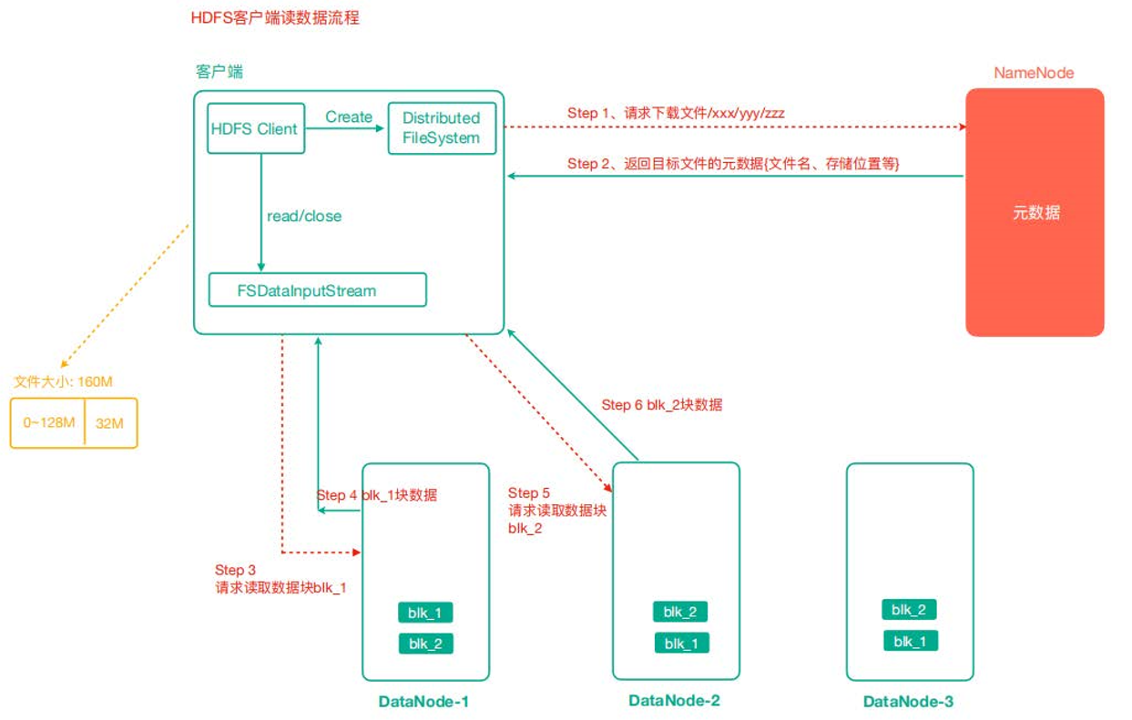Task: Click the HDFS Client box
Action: point(254,129)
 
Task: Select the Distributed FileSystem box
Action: point(441,128)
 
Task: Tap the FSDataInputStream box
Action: point(318,291)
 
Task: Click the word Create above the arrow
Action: point(349,117)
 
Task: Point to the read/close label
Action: point(304,217)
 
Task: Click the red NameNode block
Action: point(1035,213)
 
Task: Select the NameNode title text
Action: point(1034,73)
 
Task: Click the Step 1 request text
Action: point(676,114)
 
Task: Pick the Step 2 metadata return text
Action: point(733,164)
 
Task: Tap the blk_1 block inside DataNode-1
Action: point(425,613)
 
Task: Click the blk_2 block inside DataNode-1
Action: point(425,644)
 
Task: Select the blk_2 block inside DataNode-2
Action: point(680,612)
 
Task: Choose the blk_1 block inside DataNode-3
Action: point(911,642)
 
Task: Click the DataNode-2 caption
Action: point(675,700)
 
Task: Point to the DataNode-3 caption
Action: point(909,702)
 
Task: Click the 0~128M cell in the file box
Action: point(49,423)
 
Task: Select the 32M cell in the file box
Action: point(110,423)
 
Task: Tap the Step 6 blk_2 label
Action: point(662,405)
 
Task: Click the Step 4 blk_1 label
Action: point(376,495)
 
